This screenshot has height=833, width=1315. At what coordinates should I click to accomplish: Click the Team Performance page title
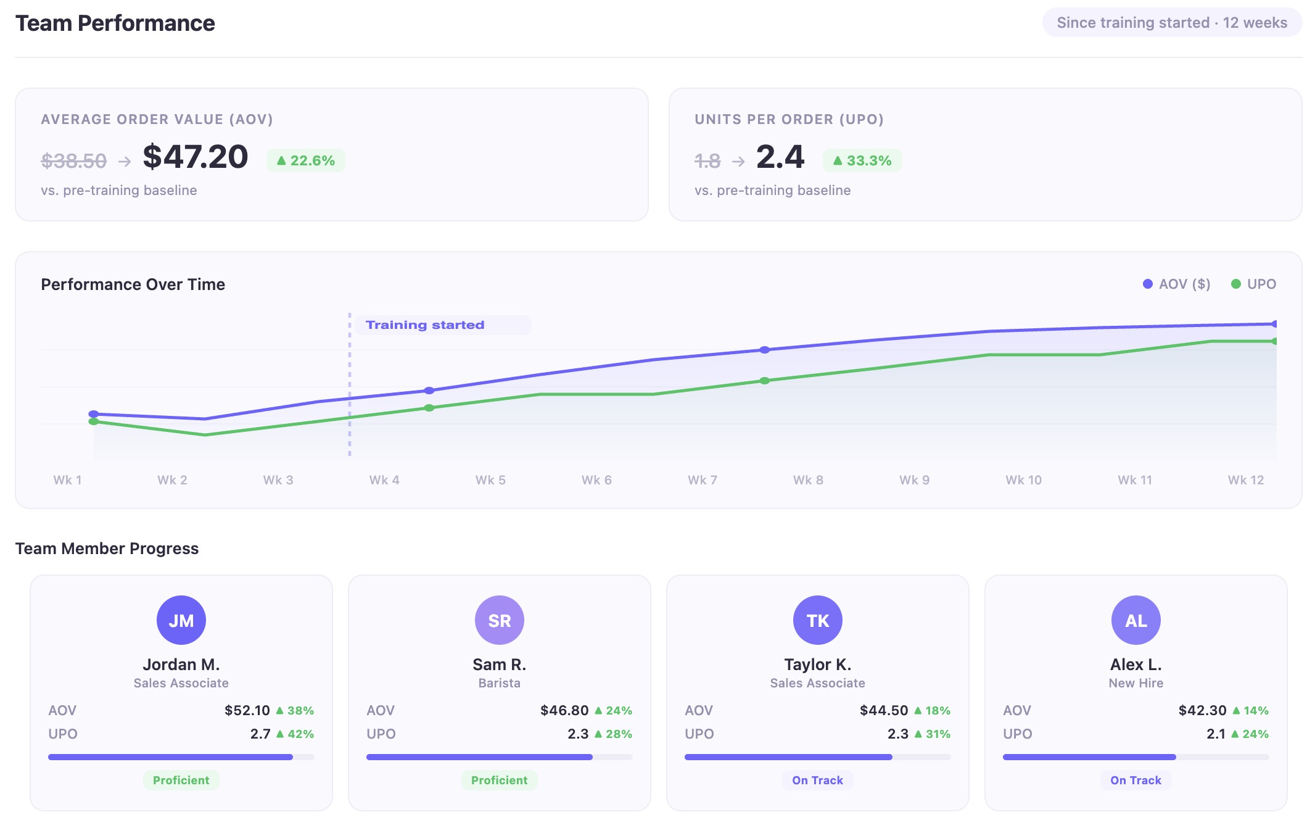(x=115, y=23)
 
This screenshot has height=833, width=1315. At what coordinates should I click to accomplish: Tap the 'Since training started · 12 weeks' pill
(x=1171, y=23)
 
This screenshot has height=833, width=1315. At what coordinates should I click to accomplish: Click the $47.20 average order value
(x=195, y=157)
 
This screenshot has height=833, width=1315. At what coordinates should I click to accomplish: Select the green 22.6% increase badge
(x=306, y=160)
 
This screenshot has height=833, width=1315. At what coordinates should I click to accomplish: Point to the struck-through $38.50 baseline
(x=73, y=161)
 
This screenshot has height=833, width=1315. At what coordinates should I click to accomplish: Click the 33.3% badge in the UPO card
(x=862, y=160)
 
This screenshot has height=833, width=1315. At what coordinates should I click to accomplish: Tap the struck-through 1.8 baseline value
(x=707, y=161)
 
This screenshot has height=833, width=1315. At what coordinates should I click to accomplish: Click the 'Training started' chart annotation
(x=426, y=325)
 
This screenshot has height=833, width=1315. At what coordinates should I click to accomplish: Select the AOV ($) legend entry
(x=1177, y=284)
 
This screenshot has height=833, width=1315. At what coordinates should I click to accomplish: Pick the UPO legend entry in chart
(x=1253, y=284)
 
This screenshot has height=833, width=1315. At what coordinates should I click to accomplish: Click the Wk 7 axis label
(x=702, y=480)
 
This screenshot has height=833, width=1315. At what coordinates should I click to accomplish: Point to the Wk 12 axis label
(x=1245, y=480)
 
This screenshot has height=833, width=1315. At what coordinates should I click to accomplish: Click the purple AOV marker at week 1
(x=94, y=414)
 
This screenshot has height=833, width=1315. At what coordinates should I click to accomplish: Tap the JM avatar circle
(x=181, y=620)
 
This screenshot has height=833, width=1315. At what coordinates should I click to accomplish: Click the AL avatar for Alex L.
(x=1136, y=620)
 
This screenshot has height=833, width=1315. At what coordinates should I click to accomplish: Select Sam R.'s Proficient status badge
(x=499, y=781)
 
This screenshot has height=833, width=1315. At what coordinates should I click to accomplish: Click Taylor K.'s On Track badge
(x=817, y=781)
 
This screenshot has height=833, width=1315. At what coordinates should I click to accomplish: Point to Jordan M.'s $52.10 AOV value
(x=247, y=711)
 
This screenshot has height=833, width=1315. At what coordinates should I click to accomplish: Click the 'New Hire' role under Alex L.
(x=1136, y=683)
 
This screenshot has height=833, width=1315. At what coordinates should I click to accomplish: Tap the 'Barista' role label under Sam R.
(x=499, y=683)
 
